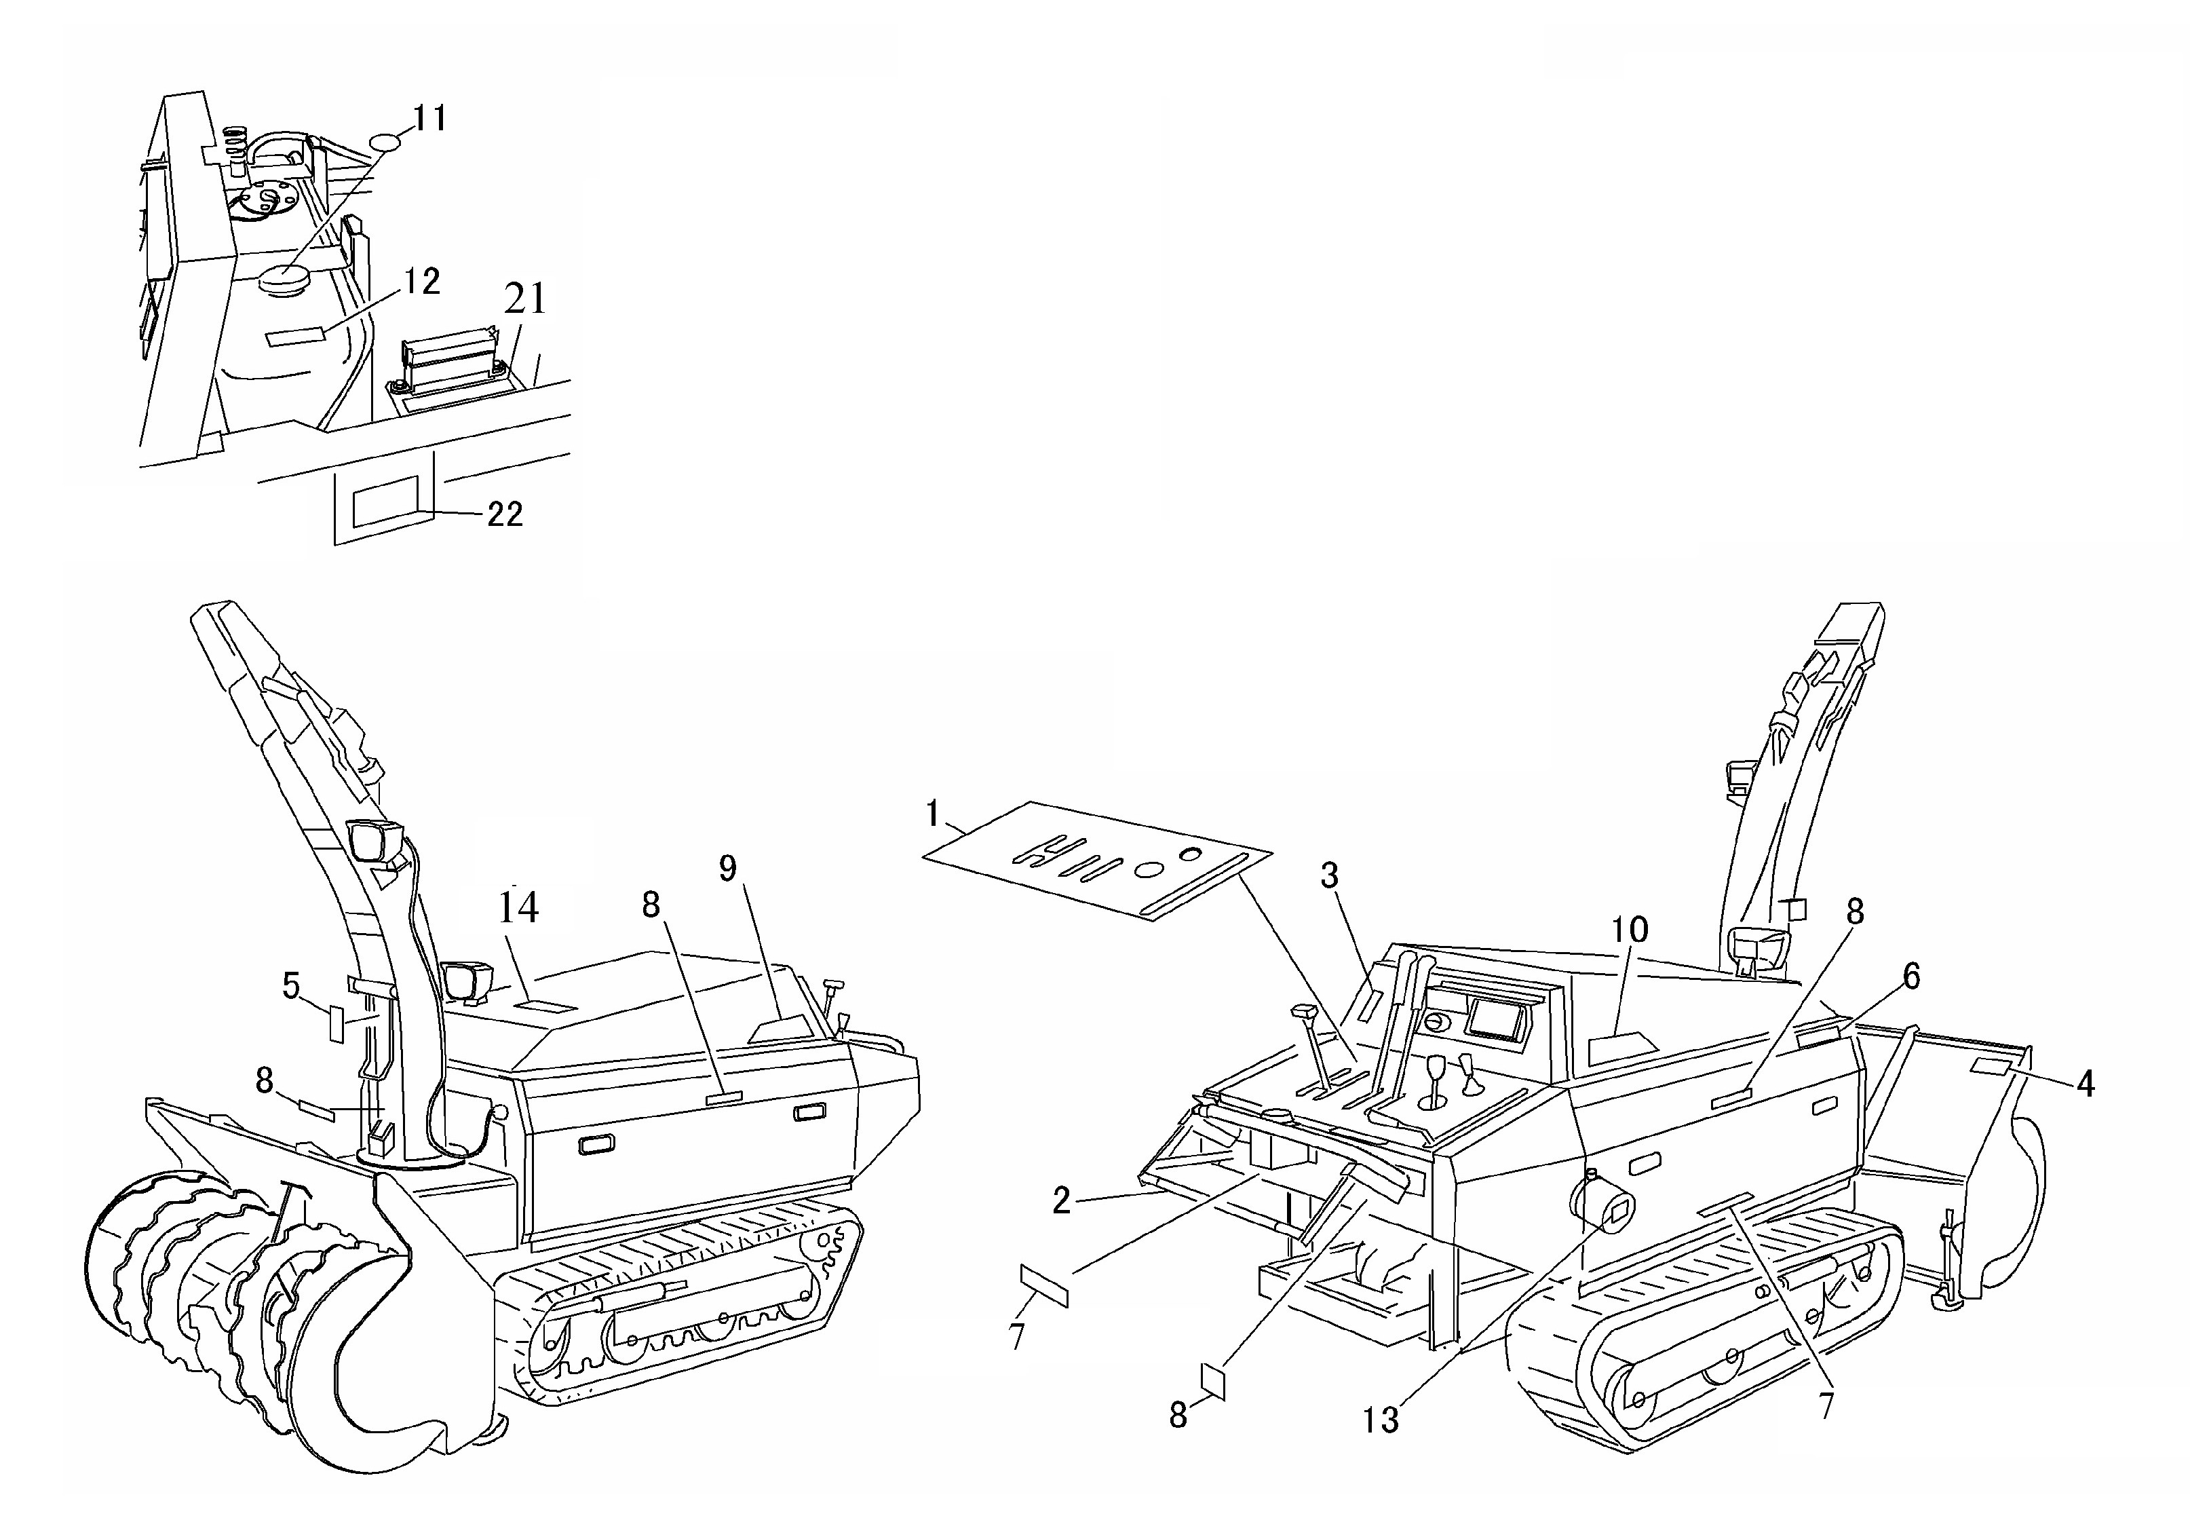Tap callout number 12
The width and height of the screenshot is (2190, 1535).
point(421,282)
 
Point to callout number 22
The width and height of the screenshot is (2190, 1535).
point(505,514)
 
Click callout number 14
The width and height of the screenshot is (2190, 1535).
point(519,907)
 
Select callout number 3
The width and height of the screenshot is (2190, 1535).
point(1330,875)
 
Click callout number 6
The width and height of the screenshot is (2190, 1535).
point(1910,976)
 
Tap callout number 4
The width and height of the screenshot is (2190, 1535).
point(2085,1084)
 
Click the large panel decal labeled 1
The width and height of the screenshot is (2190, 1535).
point(1097,860)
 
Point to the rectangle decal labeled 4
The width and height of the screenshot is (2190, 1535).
point(1992,1065)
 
